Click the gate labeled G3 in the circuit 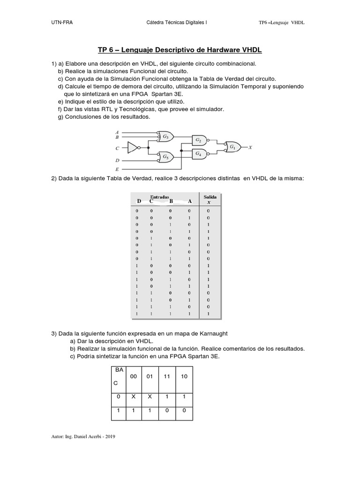click(x=165, y=137)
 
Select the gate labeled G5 click(x=165, y=157)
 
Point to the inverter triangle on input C click(x=133, y=148)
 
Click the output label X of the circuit click(x=250, y=147)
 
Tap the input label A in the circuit click(x=117, y=132)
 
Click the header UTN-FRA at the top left click(x=61, y=22)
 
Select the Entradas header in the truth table click(x=159, y=197)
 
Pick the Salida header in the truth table click(x=210, y=197)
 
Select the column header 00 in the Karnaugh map click(x=134, y=376)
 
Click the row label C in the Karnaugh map click(x=116, y=383)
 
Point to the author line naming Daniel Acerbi click(x=83, y=436)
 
